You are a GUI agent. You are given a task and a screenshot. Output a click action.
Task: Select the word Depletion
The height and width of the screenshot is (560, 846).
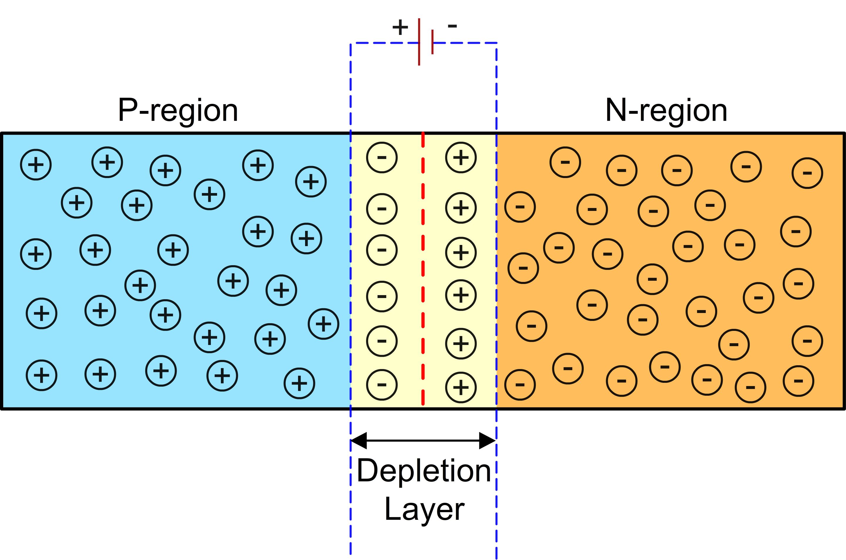(x=424, y=471)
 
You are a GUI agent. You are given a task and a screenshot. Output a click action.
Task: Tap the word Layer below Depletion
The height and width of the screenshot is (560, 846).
(x=424, y=510)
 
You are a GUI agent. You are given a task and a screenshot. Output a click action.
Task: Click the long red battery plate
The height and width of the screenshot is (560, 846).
(x=419, y=42)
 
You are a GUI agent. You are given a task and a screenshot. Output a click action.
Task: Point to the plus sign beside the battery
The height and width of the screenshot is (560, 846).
(x=400, y=27)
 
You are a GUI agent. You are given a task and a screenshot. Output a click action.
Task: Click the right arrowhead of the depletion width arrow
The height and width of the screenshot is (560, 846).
(x=487, y=440)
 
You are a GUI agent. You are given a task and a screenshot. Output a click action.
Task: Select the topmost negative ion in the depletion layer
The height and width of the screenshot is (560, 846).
(x=382, y=158)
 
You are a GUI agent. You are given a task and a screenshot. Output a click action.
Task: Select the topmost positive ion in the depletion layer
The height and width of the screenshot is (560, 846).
(x=461, y=158)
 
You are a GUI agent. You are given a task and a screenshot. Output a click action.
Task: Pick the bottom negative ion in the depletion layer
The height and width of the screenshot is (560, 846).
(x=382, y=385)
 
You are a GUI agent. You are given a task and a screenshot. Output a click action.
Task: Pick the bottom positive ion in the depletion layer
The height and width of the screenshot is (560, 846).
(x=461, y=387)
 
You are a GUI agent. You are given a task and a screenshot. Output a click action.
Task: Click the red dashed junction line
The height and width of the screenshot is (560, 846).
(x=423, y=271)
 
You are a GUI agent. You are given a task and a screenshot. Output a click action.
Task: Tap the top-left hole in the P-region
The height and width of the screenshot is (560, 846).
(x=36, y=165)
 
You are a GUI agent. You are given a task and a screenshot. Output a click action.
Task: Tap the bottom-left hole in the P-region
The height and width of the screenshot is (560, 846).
(x=41, y=375)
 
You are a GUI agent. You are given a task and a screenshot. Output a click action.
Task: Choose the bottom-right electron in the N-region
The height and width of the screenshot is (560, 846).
(x=798, y=381)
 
